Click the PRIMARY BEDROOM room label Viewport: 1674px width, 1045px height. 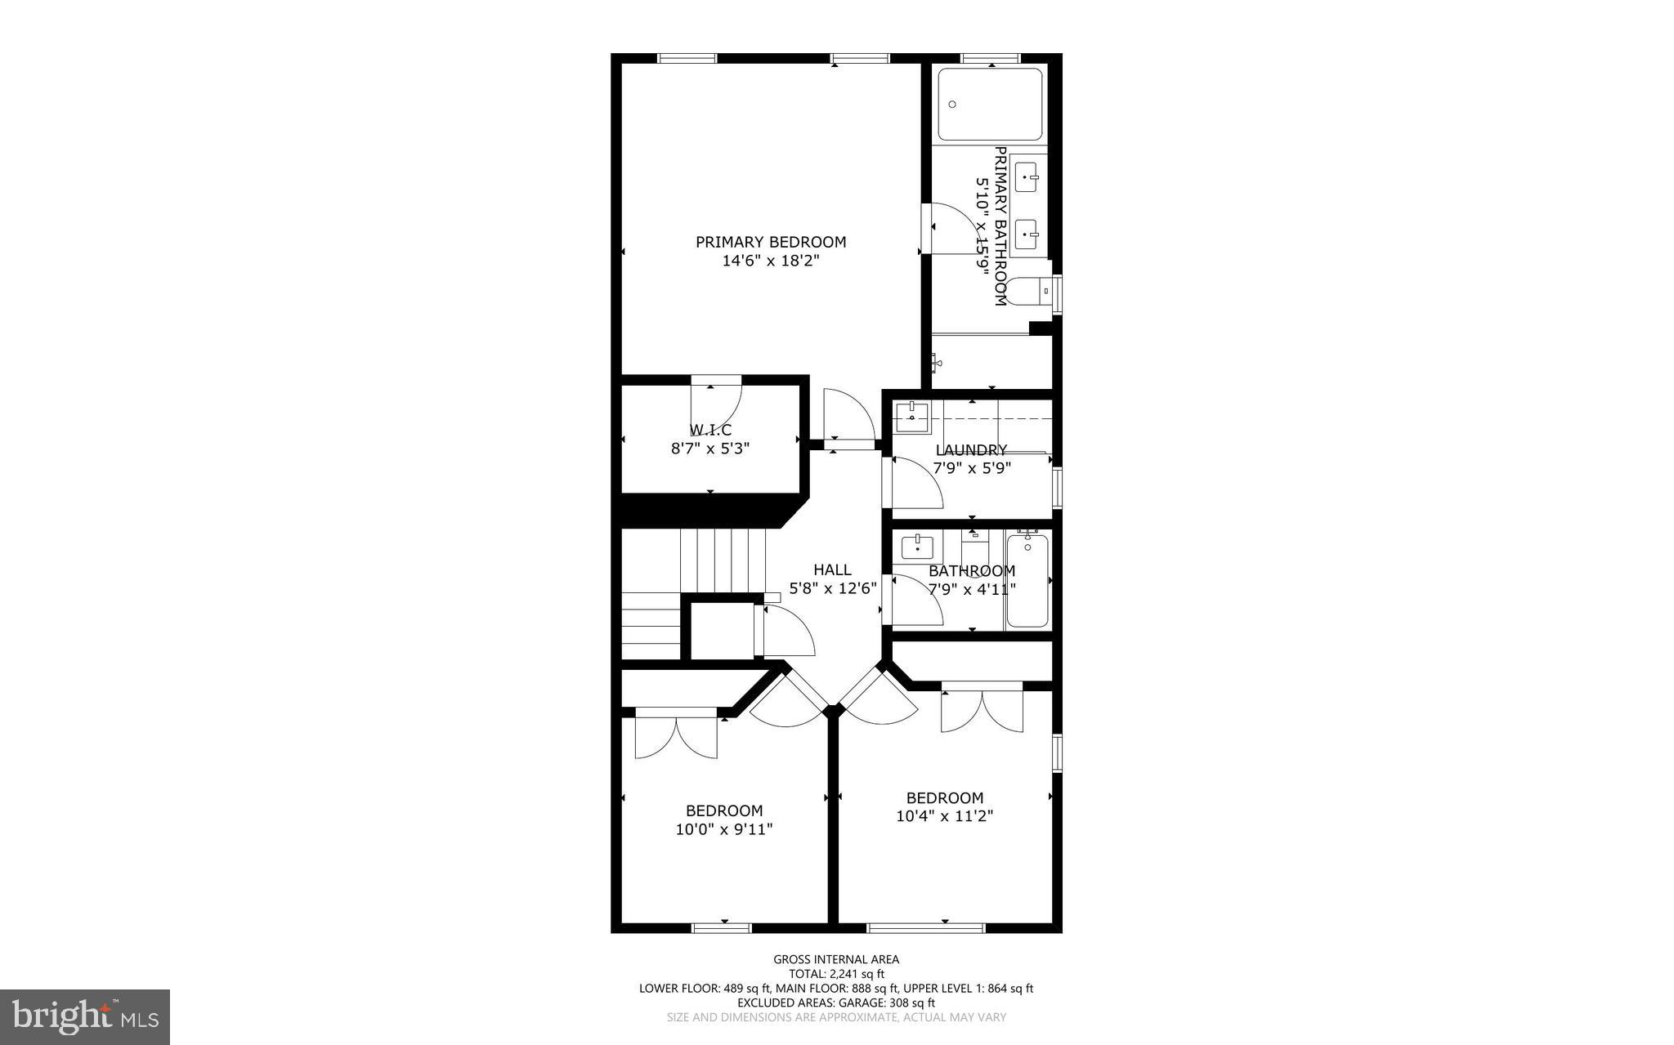click(x=771, y=242)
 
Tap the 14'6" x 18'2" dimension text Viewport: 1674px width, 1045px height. click(x=771, y=261)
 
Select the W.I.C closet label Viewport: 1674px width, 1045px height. click(x=709, y=430)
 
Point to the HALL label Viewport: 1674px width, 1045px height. click(x=832, y=569)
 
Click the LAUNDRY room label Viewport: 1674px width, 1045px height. click(x=971, y=449)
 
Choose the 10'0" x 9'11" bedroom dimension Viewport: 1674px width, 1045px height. click(x=724, y=829)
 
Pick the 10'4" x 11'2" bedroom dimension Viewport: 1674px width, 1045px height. click(x=945, y=815)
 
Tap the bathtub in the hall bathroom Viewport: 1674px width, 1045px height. click(x=1027, y=580)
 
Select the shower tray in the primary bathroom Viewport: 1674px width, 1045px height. click(x=990, y=105)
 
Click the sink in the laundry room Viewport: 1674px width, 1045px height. click(x=912, y=418)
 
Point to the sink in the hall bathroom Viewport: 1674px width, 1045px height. click(x=917, y=544)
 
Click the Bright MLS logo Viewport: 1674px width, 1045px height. click(x=85, y=1016)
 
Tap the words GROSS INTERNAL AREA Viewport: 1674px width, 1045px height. click(x=836, y=959)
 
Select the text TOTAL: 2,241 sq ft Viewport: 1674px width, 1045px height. click(x=836, y=974)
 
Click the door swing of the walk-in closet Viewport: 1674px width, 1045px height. click(x=719, y=404)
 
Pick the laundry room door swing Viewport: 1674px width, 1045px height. click(x=914, y=484)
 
